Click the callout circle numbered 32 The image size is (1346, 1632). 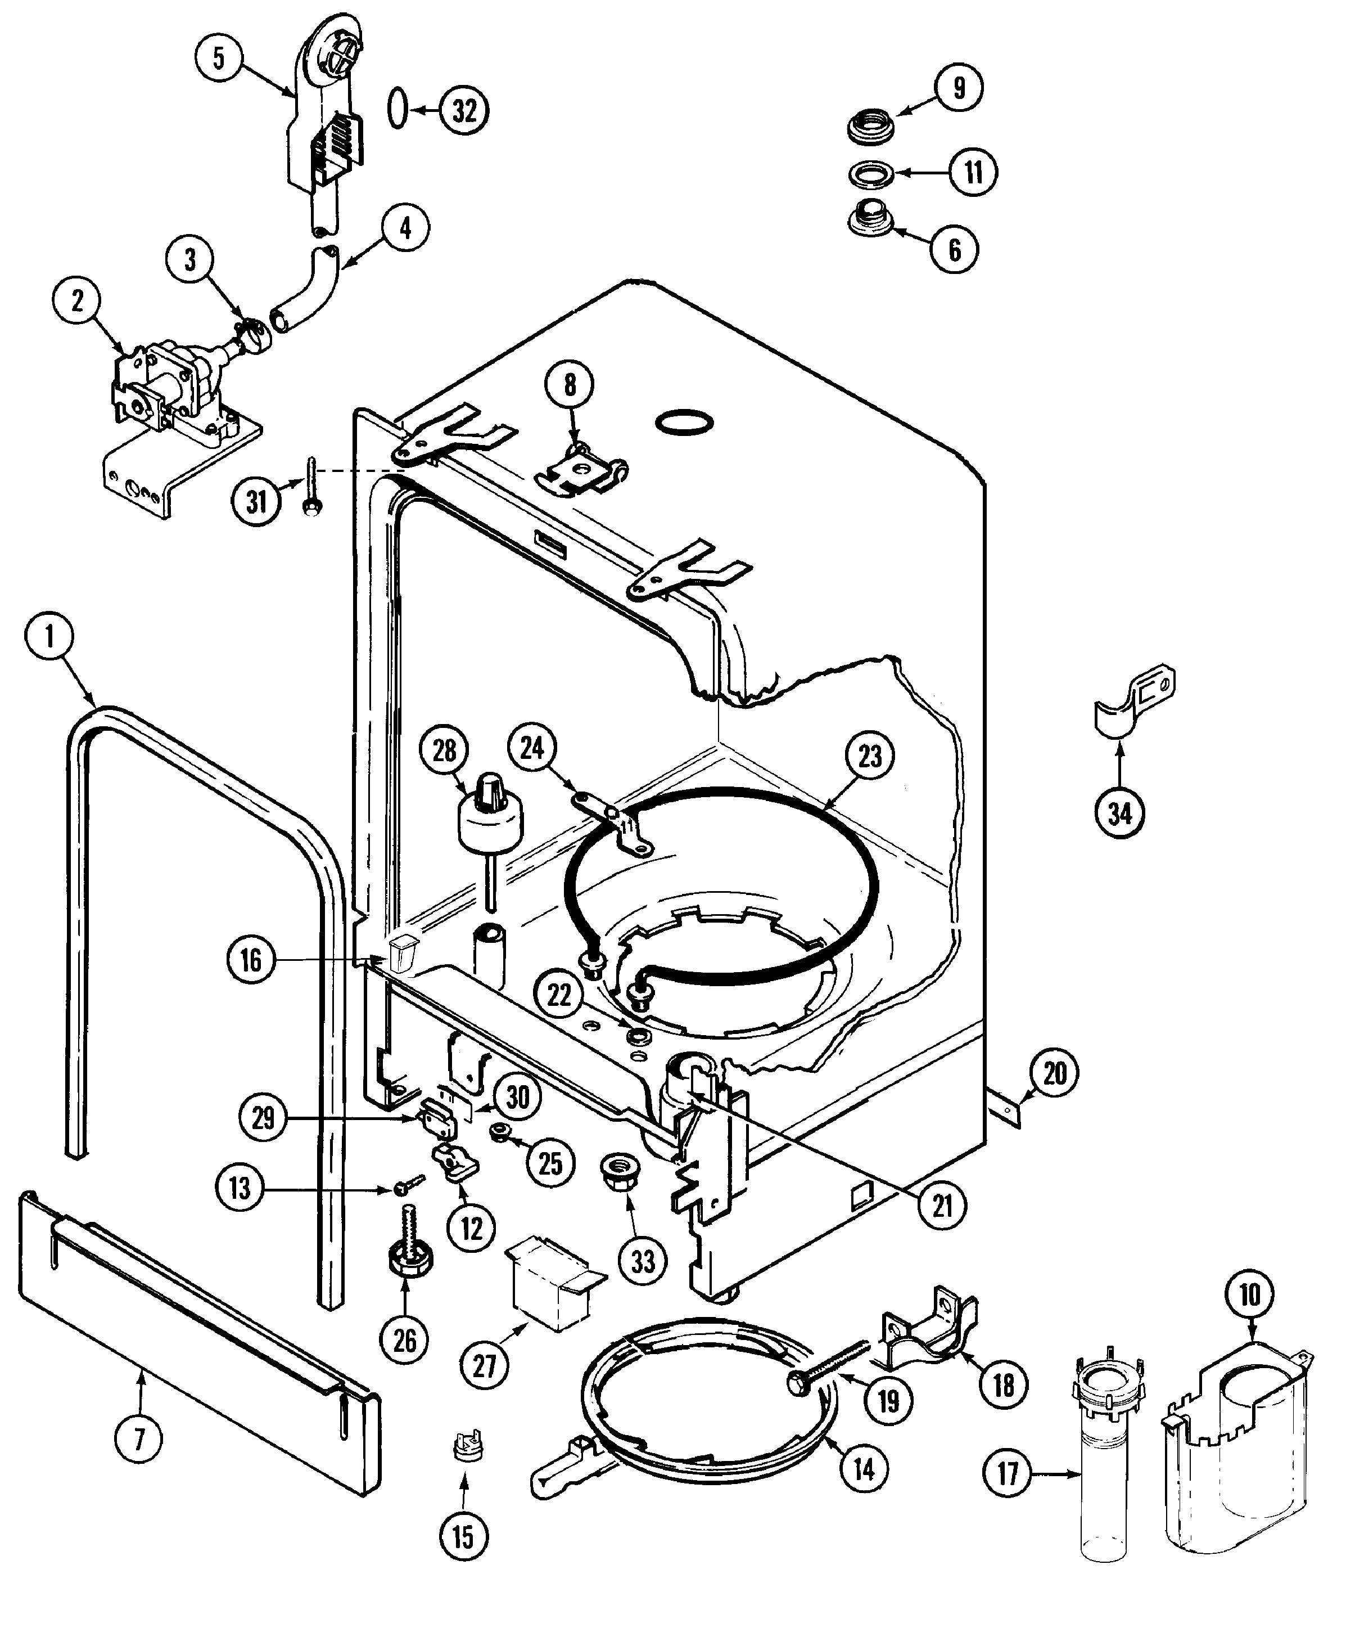click(464, 110)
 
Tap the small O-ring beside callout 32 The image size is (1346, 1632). click(396, 109)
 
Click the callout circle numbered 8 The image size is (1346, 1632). click(570, 385)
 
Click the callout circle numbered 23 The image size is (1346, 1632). click(870, 756)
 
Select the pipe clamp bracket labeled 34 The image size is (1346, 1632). click(1133, 702)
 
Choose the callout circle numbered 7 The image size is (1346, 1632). click(139, 1440)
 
